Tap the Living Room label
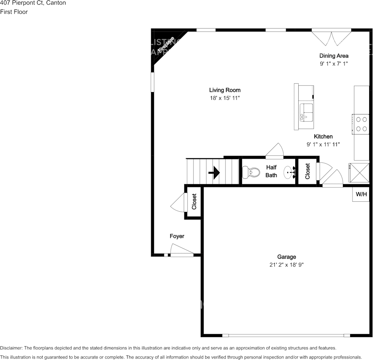tap(225, 90)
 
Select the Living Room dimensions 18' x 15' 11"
tap(225, 98)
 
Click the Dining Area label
tap(334, 56)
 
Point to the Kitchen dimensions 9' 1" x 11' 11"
tap(323, 144)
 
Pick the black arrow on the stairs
tap(214, 173)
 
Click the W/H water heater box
tap(361, 194)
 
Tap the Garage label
tap(287, 257)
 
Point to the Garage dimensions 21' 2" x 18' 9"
tap(287, 265)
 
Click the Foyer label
tap(177, 236)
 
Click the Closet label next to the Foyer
tap(194, 202)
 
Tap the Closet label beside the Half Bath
tap(307, 171)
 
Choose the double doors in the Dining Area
tap(331, 37)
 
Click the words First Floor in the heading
tap(14, 12)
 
